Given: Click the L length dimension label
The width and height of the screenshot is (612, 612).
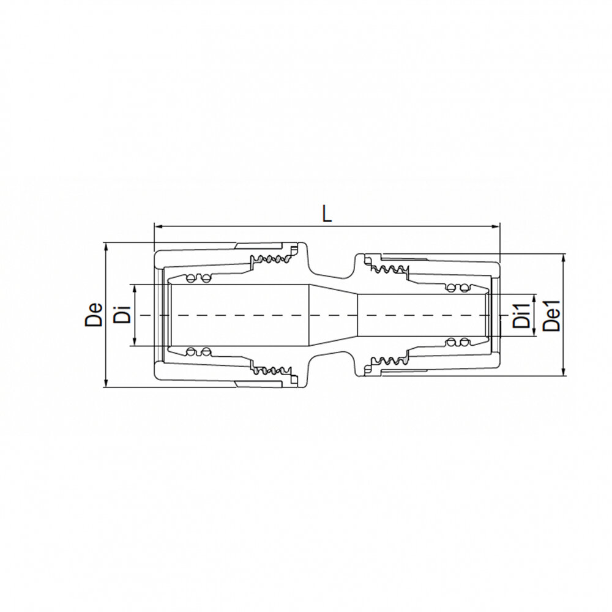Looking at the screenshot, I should tap(327, 214).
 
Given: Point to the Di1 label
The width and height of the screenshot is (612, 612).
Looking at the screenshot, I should tap(521, 315).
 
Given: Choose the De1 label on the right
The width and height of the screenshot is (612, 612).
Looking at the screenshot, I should tap(553, 315).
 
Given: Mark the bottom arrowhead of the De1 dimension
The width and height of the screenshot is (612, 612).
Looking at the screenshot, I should tap(563, 373).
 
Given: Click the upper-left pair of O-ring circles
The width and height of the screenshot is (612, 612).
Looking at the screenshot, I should tap(198, 279).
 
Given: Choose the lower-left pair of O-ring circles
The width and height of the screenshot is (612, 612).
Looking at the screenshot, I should tap(198, 351).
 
